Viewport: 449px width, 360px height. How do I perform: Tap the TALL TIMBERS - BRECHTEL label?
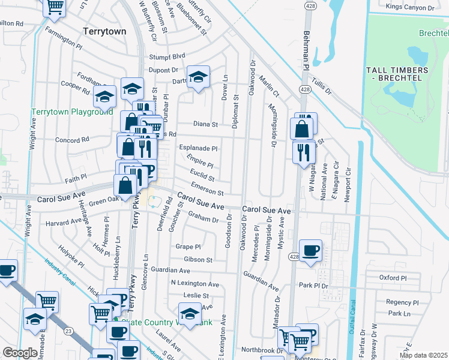(397, 74)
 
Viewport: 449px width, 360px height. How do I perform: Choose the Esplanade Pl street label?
(197, 148)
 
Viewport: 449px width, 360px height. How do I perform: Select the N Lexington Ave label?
(194, 283)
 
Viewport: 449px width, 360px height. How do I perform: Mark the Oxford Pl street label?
(393, 278)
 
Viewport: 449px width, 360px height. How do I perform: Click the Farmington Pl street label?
(62, 44)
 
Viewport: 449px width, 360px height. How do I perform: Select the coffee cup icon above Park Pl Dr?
(310, 251)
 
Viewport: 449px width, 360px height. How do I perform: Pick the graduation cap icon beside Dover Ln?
(197, 77)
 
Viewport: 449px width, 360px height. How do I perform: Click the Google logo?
(20, 353)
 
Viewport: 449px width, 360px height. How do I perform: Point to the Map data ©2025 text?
(423, 355)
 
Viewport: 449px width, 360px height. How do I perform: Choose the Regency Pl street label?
(402, 302)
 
